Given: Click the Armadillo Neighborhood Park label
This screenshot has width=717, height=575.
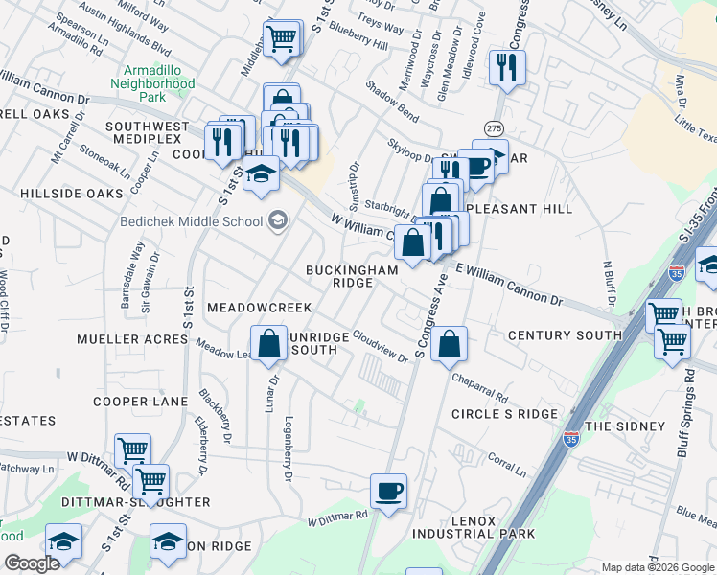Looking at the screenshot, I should click(158, 84).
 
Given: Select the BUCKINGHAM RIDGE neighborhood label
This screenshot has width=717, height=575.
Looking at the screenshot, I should click(351, 277).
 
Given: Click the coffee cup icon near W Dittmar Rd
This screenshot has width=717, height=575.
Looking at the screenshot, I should click(388, 493).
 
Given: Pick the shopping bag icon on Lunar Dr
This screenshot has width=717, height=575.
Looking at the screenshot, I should click(269, 344).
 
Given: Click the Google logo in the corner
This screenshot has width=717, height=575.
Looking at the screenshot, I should click(32, 563).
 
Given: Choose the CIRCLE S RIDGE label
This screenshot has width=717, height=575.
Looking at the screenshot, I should click(504, 414).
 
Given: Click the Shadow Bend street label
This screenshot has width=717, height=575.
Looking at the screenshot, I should click(391, 101).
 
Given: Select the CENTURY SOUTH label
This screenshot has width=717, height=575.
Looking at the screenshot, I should click(565, 335).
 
